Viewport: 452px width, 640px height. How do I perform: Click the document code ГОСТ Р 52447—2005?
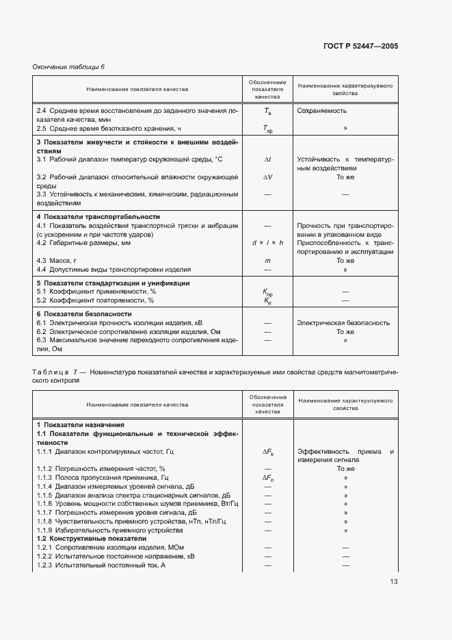(x=360, y=47)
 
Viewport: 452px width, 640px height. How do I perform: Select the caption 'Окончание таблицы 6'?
(x=68, y=66)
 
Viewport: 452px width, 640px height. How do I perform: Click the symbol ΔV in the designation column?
(x=267, y=177)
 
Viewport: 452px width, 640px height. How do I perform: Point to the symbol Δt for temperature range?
(x=267, y=159)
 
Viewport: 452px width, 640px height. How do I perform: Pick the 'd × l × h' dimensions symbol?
(x=267, y=243)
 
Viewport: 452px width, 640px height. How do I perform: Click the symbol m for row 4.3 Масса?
(x=267, y=261)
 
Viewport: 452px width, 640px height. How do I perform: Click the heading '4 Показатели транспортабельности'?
(x=97, y=216)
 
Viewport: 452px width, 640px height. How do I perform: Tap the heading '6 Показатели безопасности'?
(x=83, y=313)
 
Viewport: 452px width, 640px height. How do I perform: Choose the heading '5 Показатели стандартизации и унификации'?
(x=113, y=283)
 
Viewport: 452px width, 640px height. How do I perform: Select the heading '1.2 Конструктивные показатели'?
(x=85, y=539)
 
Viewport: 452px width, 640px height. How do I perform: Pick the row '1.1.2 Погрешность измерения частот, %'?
(x=101, y=468)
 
